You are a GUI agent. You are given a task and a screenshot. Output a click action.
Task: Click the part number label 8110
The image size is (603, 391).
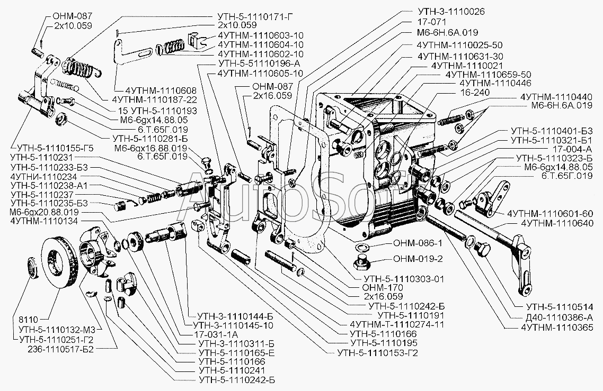pos(28,320)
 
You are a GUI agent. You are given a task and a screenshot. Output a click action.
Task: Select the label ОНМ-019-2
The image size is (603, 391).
pos(418,259)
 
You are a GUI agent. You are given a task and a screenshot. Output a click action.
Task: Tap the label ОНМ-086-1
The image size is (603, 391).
pos(418,243)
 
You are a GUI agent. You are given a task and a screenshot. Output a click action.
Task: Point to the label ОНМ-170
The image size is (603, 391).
pos(382,288)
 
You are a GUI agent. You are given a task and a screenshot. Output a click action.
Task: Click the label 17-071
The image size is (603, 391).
pos(432,22)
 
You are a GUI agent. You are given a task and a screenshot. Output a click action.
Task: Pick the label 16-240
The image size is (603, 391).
pos(475,92)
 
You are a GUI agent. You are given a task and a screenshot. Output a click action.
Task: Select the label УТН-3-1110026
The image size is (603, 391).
pos(451,12)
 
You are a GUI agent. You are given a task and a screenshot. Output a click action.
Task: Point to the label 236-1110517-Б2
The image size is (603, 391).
pos(61,349)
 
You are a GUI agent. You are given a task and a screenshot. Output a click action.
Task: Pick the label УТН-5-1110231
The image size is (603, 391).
pos(42,157)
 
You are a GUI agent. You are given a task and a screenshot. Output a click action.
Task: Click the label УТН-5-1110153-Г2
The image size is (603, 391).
pos(377,353)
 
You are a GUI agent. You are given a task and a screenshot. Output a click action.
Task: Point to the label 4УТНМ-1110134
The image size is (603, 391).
pos(44,221)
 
